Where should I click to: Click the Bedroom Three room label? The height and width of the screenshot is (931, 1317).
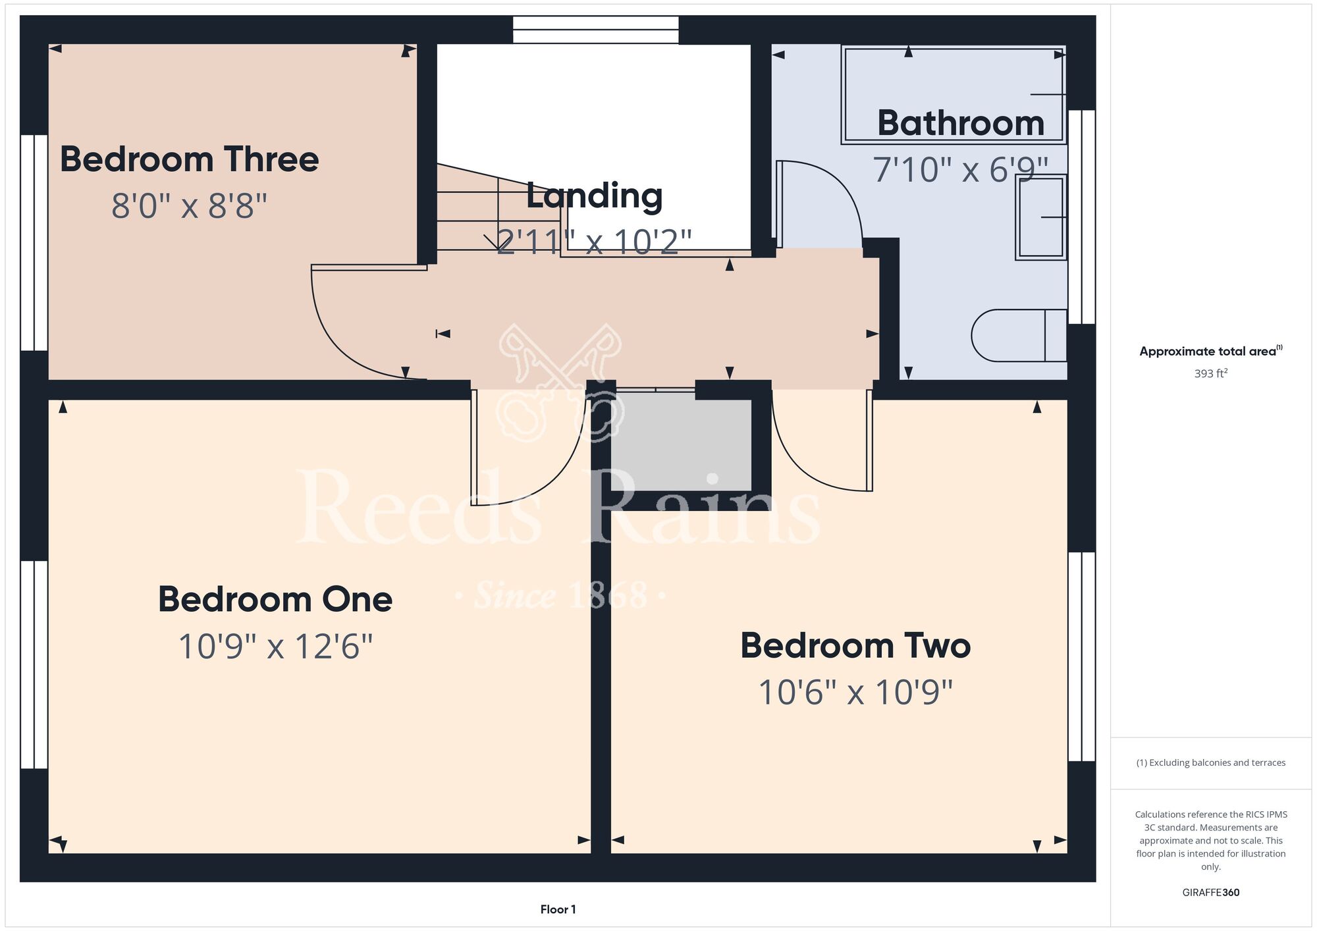click(x=190, y=159)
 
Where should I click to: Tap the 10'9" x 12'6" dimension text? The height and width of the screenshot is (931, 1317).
click(x=275, y=646)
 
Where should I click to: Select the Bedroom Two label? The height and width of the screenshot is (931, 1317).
click(x=855, y=645)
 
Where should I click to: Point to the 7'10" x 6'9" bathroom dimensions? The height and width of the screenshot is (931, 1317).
click(x=960, y=169)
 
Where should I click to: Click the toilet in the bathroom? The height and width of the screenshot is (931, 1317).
click(x=1019, y=335)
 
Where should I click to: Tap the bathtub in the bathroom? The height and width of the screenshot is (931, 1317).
click(x=954, y=94)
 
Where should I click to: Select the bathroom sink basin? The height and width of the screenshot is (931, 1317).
click(x=1041, y=217)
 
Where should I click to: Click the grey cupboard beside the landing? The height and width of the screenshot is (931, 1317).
click(x=681, y=441)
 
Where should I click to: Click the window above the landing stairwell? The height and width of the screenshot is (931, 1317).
click(x=596, y=30)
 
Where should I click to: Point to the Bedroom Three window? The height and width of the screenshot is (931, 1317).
click(x=34, y=243)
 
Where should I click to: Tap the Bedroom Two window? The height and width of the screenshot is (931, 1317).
click(x=1082, y=656)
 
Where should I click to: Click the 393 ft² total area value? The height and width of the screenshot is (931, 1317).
click(x=1211, y=373)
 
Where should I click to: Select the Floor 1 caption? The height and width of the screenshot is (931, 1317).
click(x=558, y=909)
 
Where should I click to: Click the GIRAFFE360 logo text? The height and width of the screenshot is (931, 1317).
click(x=1211, y=893)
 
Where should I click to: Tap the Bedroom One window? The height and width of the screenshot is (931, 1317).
click(x=34, y=664)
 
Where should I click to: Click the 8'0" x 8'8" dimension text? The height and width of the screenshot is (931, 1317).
click(x=190, y=205)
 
